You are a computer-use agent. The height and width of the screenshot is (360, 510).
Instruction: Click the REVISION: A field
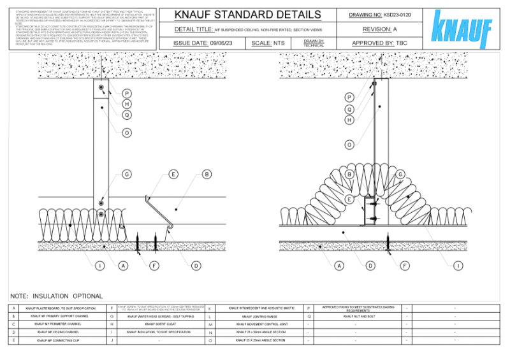coord(379,29)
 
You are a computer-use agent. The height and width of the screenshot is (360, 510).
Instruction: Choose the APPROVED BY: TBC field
coord(379,43)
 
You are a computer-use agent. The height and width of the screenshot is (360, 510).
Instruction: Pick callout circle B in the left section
coord(206,174)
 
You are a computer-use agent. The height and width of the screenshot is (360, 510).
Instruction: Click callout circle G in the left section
coord(127,174)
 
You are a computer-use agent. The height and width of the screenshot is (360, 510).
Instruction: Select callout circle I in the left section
coord(100,265)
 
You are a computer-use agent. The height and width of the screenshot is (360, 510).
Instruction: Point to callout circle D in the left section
coord(196,265)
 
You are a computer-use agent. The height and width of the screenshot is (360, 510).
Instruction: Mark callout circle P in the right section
coord(349,97)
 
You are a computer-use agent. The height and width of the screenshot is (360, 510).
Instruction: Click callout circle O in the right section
coord(349,145)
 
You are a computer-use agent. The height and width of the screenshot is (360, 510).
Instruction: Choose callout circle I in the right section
coord(458,265)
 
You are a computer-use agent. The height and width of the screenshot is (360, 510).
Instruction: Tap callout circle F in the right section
coord(405,265)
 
